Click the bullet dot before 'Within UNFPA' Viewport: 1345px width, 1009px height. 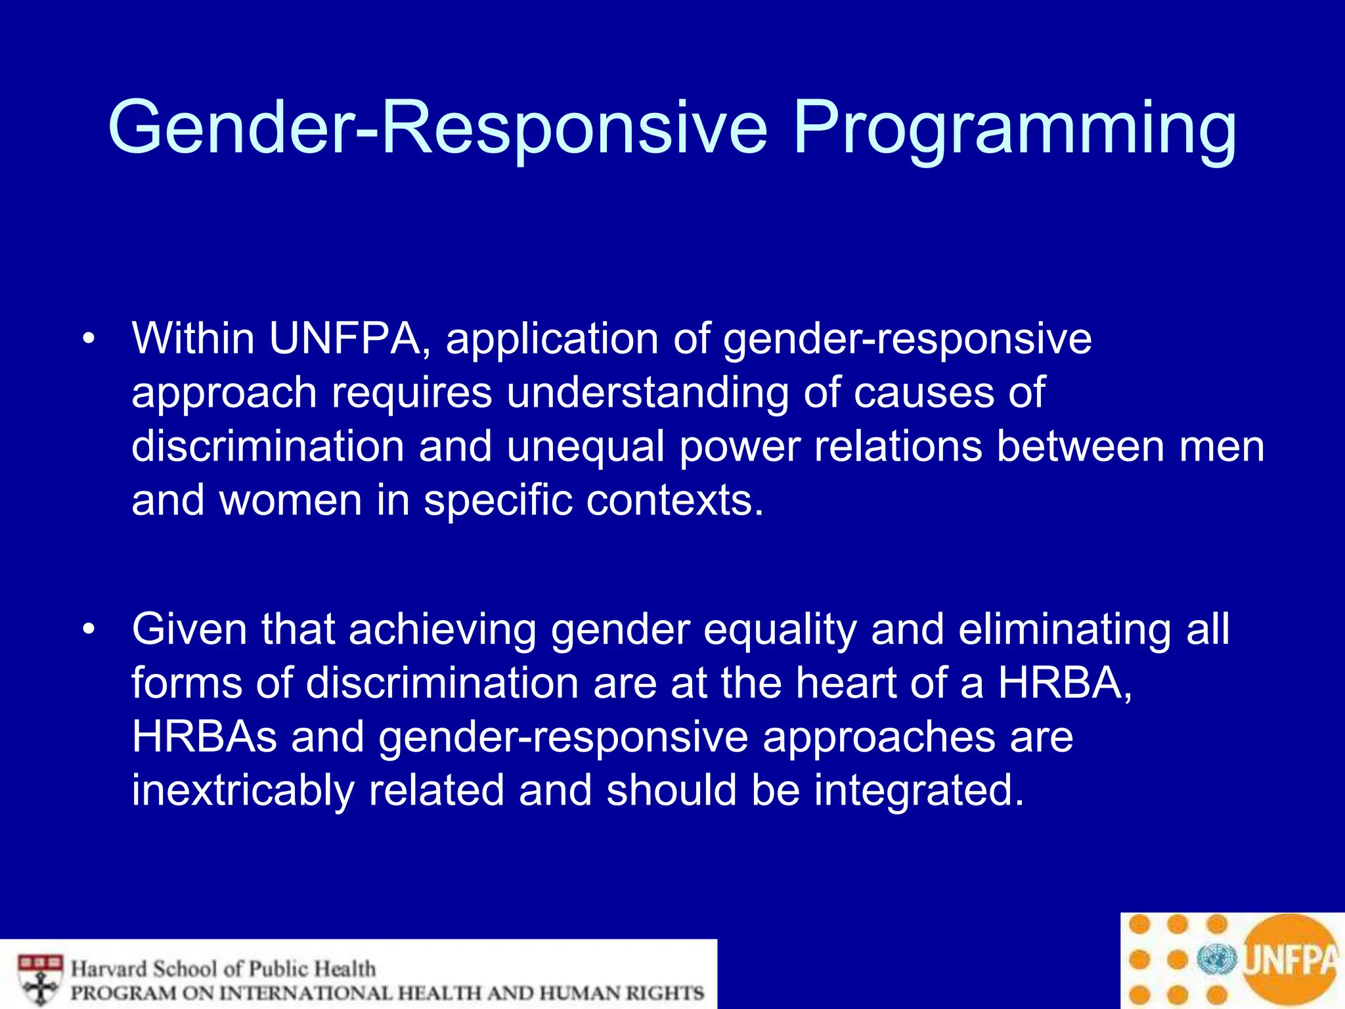89,340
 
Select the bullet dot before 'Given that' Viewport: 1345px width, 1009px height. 89,630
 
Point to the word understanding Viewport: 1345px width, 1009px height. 647,393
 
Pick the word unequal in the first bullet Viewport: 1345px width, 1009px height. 585,447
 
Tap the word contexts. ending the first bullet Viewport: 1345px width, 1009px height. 675,501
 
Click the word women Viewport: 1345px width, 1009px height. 290,501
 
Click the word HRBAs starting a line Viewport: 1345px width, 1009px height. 204,738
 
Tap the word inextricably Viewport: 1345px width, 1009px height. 242,792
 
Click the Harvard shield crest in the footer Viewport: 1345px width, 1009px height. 40,979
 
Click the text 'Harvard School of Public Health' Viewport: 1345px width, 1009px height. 223,969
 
